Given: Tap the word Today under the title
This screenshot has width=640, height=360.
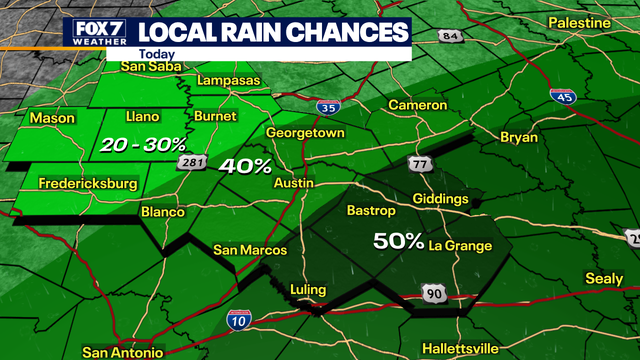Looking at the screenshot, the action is pyautogui.click(x=155, y=54).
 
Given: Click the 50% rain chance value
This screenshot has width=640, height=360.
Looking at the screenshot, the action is pyautogui.click(x=397, y=241).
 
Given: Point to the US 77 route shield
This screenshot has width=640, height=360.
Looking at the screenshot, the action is pyautogui.click(x=417, y=162).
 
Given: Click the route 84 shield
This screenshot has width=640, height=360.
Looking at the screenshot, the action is pyautogui.click(x=451, y=36).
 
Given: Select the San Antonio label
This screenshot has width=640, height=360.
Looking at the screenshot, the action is pyautogui.click(x=122, y=352).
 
